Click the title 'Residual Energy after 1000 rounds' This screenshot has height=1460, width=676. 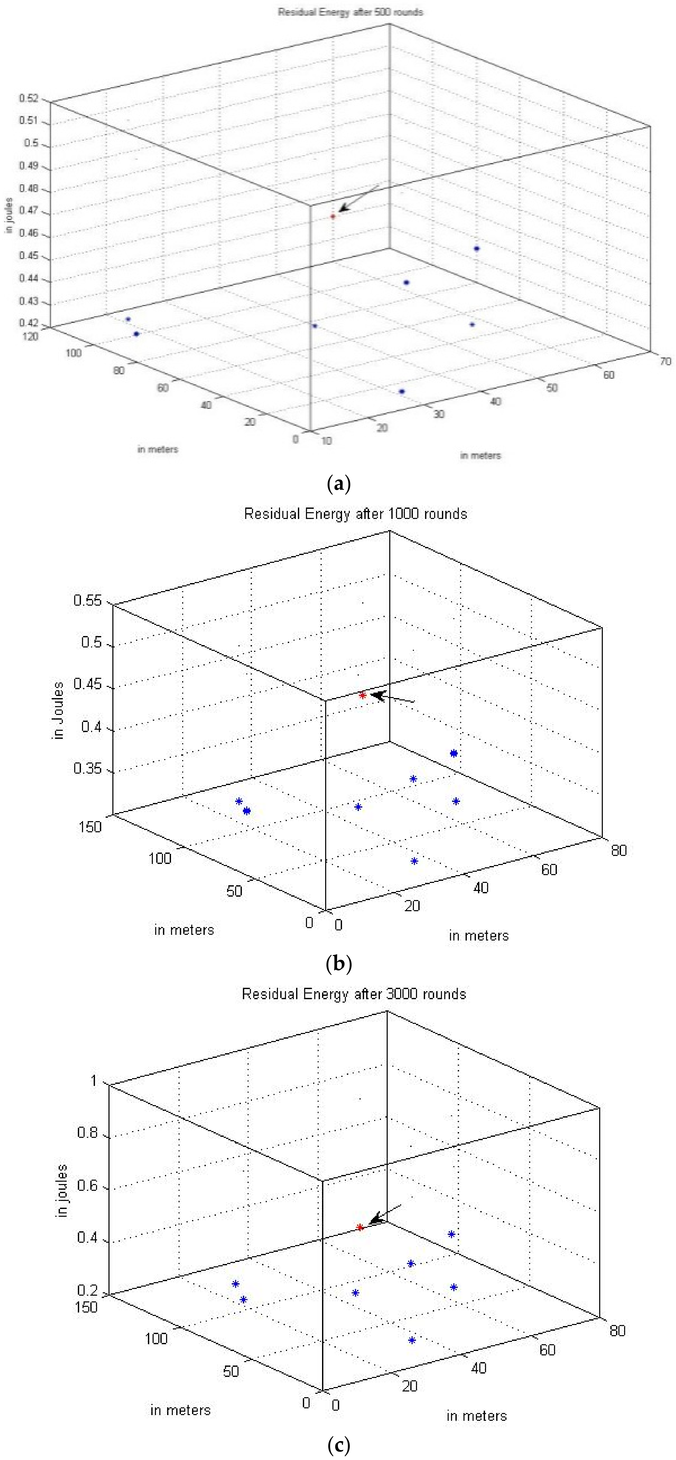click(x=355, y=514)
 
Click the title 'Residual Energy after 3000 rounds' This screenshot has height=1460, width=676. click(x=354, y=994)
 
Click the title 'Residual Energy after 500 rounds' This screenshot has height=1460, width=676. click(x=350, y=12)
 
